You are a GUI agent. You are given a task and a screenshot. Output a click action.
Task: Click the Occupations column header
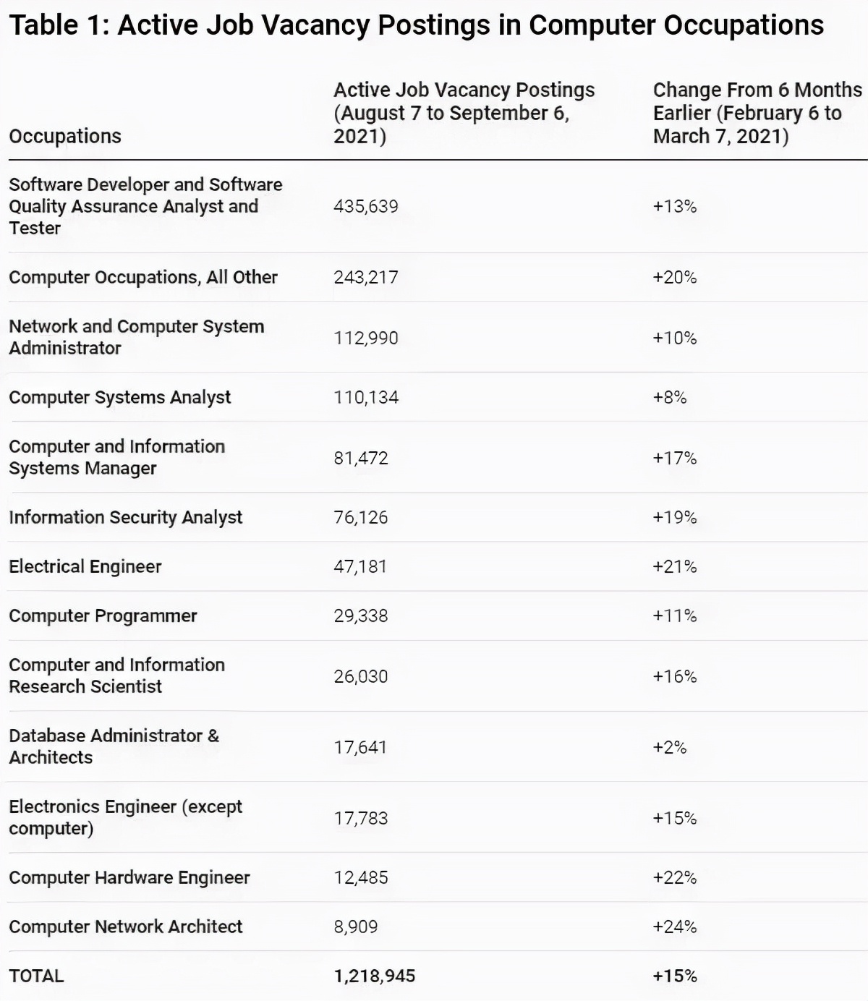pos(65,136)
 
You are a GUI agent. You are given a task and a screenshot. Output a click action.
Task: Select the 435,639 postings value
pos(365,206)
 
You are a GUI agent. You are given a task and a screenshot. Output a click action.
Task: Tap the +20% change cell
pos(674,277)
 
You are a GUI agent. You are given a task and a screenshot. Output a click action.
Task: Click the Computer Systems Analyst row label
pos(119,397)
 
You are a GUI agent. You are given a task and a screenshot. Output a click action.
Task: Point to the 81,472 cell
pos(360,458)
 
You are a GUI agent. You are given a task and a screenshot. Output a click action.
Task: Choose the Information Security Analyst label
pos(125,517)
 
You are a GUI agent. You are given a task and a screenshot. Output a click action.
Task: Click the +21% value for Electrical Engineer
pos(674,566)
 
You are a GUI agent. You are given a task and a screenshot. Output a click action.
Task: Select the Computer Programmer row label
pos(103,615)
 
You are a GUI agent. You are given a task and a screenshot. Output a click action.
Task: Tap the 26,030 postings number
pos(360,676)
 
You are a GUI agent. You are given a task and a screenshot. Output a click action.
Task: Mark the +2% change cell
pos(669,747)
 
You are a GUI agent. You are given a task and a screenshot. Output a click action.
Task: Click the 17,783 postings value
pos(360,818)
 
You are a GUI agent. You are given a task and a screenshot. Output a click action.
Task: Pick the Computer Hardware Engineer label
pos(129,877)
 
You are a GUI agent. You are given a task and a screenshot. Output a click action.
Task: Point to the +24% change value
pos(674,927)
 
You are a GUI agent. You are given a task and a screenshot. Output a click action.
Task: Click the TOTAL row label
pos(36,976)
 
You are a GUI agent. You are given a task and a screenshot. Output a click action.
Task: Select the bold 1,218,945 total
pos(374,976)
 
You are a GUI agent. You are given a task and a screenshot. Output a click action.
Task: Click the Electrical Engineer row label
pos(85,566)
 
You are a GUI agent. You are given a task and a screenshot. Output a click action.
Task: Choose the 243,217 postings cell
pos(365,277)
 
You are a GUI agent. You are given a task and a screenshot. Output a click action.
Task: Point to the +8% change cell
pos(669,397)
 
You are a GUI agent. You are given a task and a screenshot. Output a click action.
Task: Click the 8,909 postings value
pos(355,927)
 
